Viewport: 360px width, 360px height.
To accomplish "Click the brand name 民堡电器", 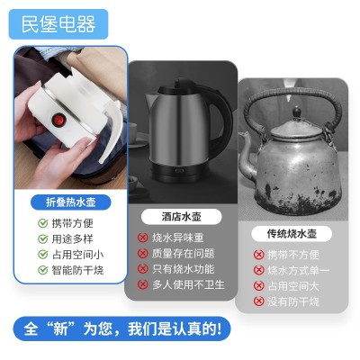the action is (x=58, y=24).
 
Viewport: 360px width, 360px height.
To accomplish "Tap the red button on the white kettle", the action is (x=57, y=120).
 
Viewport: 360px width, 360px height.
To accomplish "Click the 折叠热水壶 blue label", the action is (x=71, y=202).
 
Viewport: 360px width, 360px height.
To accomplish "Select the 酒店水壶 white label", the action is (x=182, y=217).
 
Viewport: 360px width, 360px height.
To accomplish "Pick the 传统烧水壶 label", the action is (x=292, y=234).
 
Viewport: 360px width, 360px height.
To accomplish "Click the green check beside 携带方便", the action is (x=43, y=223).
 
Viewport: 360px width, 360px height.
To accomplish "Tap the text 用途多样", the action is (x=72, y=239).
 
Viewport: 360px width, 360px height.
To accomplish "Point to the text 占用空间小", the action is (x=77, y=255).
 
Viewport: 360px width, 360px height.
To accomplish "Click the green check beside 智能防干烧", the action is (x=43, y=270).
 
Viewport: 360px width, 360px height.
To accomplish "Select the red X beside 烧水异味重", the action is (x=143, y=238).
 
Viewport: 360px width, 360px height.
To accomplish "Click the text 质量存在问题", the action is (x=183, y=254).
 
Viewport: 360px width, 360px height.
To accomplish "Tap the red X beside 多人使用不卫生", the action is (x=143, y=284).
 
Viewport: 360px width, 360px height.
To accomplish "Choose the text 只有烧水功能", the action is (x=183, y=269).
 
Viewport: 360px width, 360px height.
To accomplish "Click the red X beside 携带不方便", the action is (x=258, y=255).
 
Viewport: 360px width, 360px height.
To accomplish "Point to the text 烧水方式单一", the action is (x=298, y=271).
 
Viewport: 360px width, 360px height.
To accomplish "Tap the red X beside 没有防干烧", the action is (x=258, y=301).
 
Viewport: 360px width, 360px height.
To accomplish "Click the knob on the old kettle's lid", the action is (x=297, y=112).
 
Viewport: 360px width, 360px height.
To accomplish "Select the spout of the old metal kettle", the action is (x=247, y=155).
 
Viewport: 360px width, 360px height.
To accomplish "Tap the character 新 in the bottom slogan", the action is (x=59, y=328).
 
